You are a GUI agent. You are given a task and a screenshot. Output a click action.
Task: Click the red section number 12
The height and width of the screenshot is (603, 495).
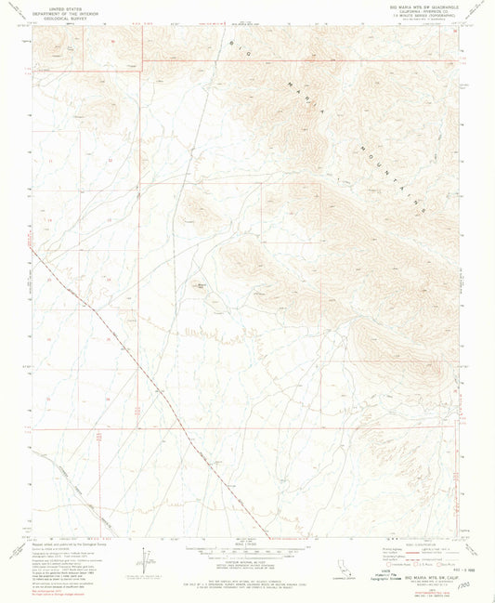click(109, 161)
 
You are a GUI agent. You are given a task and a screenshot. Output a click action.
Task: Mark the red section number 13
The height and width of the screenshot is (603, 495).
click(109, 220)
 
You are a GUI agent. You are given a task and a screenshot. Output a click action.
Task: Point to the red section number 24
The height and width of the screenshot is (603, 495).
click(109, 278)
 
